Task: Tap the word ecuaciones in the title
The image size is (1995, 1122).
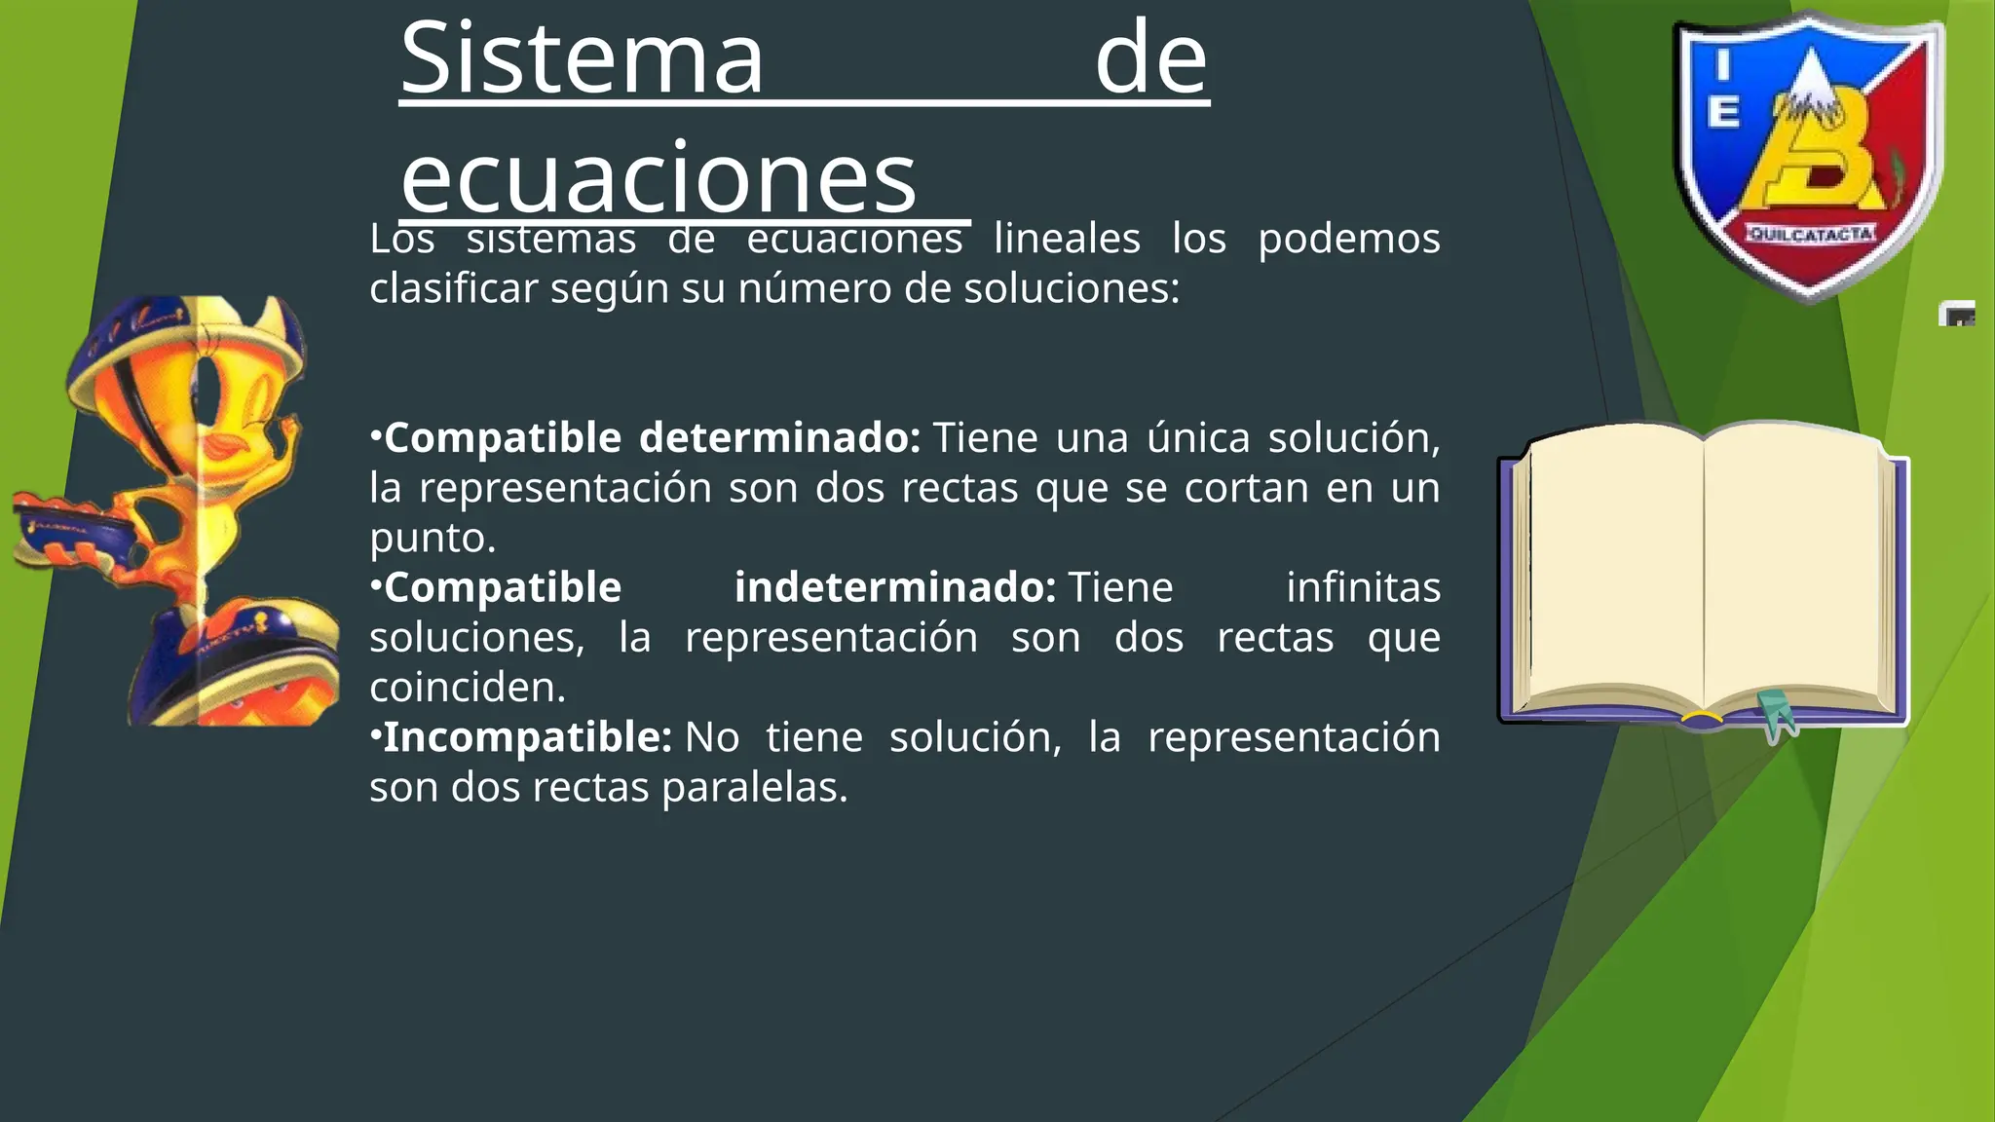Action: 659,177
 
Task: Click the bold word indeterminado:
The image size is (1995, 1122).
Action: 894,587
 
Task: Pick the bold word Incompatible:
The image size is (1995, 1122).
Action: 527,737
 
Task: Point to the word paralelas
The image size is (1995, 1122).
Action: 755,788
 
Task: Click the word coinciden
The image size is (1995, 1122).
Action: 468,688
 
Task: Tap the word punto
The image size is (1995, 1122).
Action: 433,538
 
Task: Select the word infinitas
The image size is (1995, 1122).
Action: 1363,587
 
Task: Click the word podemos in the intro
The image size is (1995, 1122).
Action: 1348,240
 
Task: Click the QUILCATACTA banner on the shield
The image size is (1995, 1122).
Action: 1810,234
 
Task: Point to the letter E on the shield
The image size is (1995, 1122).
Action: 1723,112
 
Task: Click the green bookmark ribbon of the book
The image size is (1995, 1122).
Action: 1778,716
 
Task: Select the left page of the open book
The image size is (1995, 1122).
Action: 1617,570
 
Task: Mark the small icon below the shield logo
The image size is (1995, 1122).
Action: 1957,314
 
